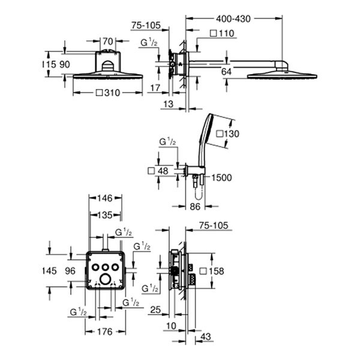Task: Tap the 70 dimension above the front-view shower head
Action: point(109,41)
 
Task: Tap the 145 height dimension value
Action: point(50,271)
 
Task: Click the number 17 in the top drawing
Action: point(155,88)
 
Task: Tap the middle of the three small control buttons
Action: point(106,266)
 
